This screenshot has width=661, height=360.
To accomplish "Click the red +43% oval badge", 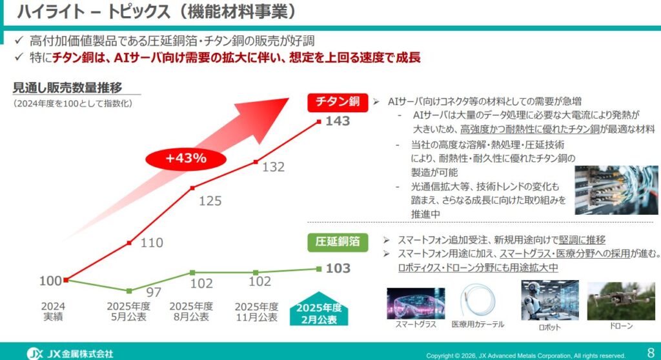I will click(x=185, y=158).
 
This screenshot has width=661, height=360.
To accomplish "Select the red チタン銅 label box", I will click(x=337, y=102).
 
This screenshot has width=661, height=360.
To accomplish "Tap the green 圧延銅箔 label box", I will click(x=337, y=242).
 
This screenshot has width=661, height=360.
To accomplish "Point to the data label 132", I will click(x=273, y=167).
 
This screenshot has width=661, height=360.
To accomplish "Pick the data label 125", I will click(x=210, y=201).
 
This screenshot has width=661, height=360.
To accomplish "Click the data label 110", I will click(x=152, y=243).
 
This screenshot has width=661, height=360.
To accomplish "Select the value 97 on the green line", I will click(x=154, y=291).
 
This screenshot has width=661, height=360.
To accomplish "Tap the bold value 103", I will click(x=338, y=268).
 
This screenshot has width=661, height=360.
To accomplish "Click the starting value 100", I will click(x=50, y=281).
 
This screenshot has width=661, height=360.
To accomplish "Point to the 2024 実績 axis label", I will click(x=52, y=312).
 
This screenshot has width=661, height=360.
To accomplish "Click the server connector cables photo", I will click(x=616, y=190).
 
